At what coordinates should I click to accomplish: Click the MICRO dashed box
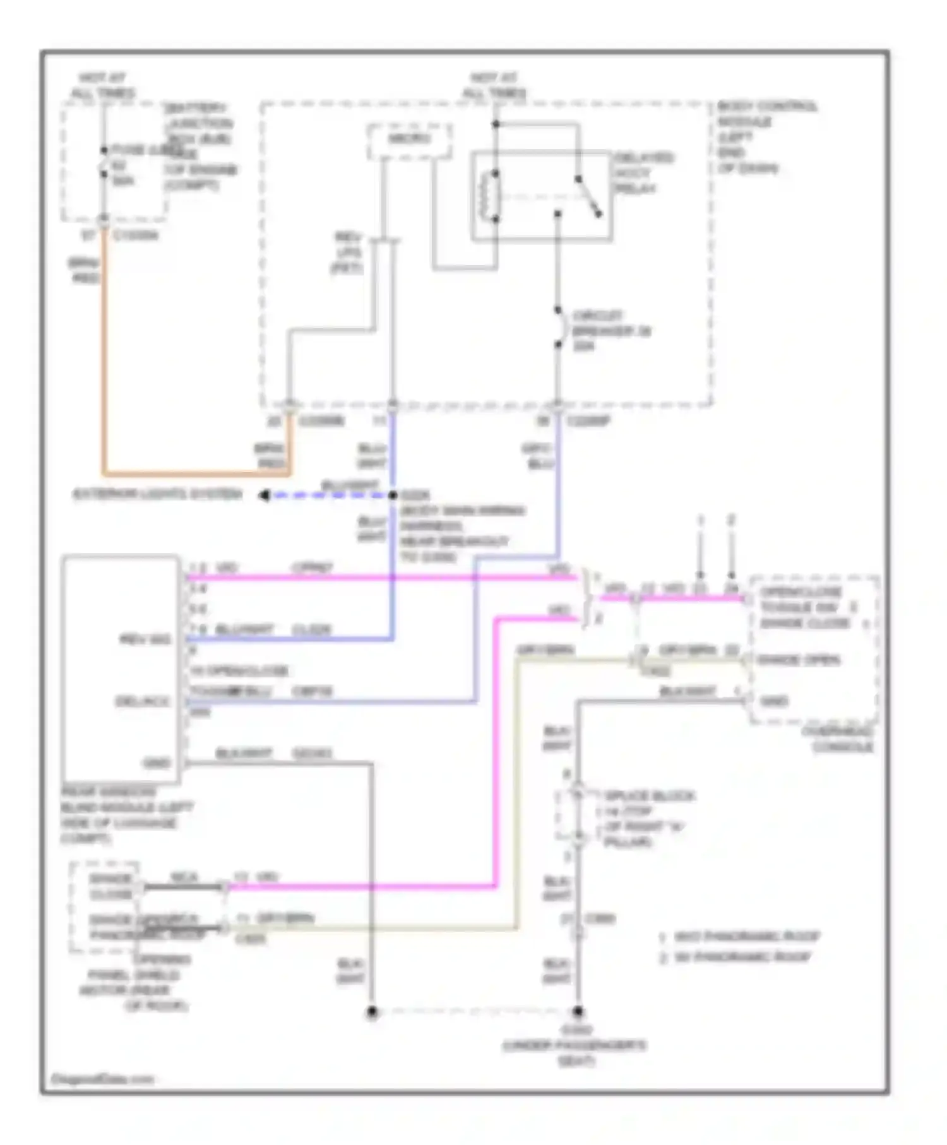[x=409, y=140]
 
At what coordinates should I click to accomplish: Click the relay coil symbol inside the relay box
[x=490, y=196]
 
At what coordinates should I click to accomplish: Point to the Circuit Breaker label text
[x=610, y=330]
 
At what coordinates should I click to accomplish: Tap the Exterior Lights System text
[x=157, y=494]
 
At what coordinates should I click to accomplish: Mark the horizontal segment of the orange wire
[x=196, y=473]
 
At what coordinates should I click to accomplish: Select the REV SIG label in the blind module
[x=145, y=639]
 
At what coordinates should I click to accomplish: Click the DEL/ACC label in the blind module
[x=143, y=701]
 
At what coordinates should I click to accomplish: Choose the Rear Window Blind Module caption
[x=126, y=815]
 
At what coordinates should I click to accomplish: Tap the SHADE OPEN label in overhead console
[x=799, y=660]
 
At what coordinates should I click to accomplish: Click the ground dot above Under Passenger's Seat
[x=577, y=1012]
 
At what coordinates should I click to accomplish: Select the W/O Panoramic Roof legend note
[x=746, y=936]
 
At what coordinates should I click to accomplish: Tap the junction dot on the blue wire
[x=393, y=495]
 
